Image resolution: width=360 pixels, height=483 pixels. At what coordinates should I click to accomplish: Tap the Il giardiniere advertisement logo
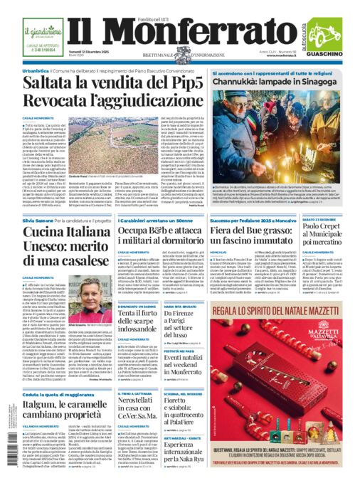point(41,32)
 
